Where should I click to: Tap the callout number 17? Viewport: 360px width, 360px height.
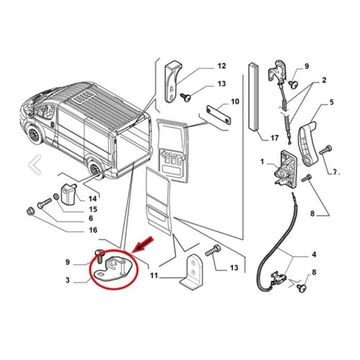[274, 138]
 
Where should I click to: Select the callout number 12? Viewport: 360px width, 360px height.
[221, 66]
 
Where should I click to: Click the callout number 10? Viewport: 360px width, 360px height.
[235, 101]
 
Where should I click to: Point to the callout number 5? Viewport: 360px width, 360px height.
[332, 102]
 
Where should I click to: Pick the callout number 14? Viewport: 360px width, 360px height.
[93, 198]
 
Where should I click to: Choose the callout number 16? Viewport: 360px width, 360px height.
[93, 230]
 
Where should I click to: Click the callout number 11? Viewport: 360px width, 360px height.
[154, 275]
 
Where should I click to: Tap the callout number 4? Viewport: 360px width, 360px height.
[314, 254]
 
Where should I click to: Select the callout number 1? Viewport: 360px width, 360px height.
[262, 162]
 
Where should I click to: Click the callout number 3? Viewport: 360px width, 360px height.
[67, 280]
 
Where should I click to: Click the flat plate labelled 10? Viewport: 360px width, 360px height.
[219, 115]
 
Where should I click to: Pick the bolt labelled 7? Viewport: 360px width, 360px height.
[325, 150]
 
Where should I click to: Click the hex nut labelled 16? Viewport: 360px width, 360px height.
[31, 211]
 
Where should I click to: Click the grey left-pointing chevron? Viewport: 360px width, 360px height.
[35, 165]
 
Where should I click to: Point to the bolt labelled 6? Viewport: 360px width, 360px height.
[44, 203]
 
